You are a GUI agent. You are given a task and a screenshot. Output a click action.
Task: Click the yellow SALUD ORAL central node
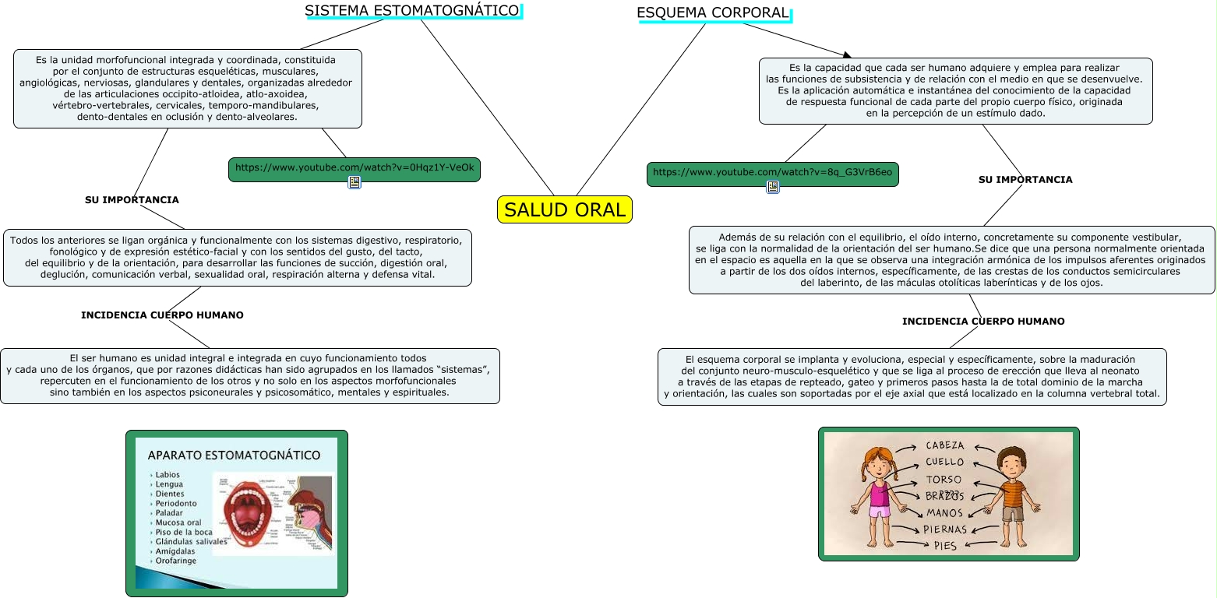[x=565, y=209]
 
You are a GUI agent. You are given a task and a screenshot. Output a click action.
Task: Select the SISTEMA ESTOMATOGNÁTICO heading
[x=411, y=11]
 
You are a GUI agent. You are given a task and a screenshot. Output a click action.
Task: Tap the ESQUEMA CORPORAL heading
[x=713, y=13]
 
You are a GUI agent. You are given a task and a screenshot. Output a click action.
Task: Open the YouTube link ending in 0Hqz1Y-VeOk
[x=355, y=168]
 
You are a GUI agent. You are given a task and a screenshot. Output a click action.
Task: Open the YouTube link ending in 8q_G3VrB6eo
[x=772, y=173]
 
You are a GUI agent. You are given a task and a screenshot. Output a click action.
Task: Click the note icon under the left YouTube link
[x=355, y=182]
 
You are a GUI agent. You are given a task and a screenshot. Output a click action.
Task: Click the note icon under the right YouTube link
[x=773, y=187]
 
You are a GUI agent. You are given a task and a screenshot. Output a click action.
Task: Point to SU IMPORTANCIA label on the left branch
[x=132, y=200]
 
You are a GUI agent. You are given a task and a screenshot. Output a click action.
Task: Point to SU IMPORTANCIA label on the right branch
[x=1025, y=180]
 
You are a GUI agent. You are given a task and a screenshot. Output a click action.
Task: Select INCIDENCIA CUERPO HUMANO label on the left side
[x=162, y=315]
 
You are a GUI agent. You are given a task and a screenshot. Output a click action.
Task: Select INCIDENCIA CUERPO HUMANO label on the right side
[x=983, y=322]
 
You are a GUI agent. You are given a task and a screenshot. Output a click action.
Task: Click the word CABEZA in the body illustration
[x=945, y=446]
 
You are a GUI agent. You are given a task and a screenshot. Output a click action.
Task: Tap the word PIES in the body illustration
[x=945, y=546]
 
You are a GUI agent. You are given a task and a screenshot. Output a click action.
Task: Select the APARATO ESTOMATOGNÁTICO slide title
[x=234, y=456]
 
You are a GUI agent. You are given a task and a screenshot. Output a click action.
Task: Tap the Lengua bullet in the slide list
[x=169, y=484]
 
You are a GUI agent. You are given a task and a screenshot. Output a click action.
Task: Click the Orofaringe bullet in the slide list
[x=175, y=561]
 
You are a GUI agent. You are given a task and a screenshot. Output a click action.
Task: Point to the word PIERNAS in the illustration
[x=945, y=529]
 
